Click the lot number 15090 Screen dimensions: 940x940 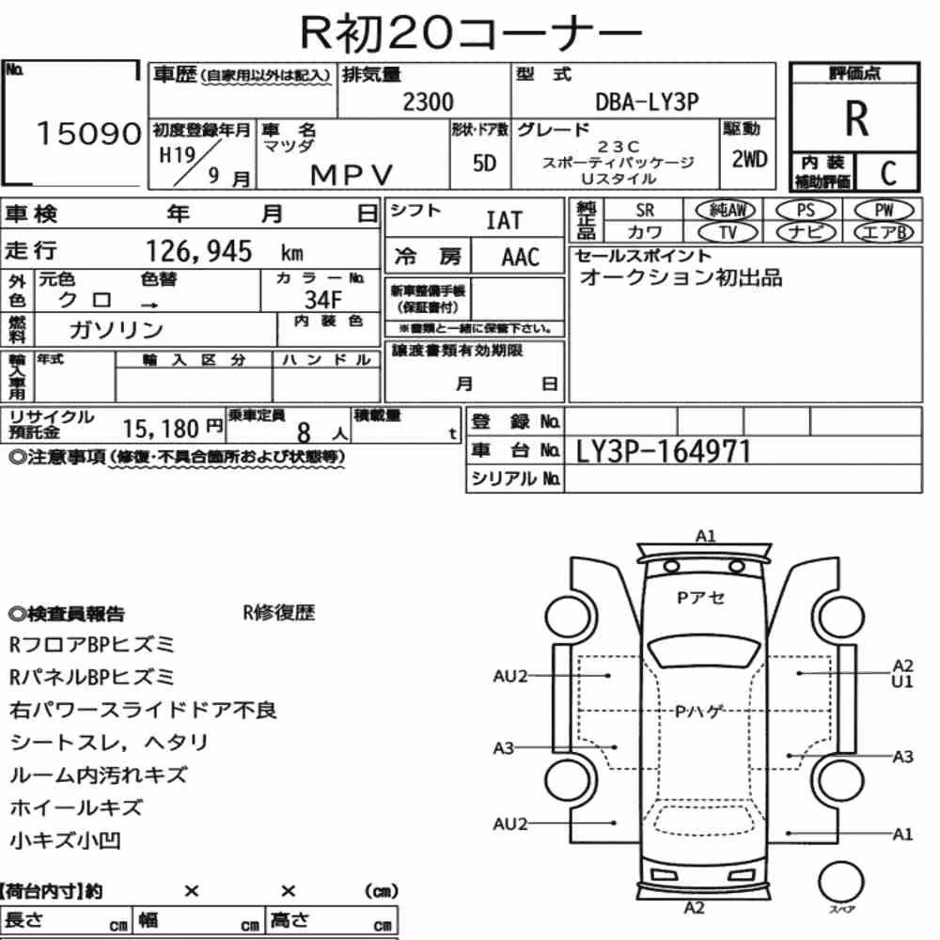[88, 133]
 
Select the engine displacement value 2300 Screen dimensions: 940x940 [428, 102]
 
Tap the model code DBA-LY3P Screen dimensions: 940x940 [647, 102]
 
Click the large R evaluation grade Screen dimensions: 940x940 [856, 118]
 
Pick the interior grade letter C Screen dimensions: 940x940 [888, 173]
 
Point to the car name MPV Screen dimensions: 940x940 [352, 175]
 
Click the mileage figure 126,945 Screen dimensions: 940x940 [199, 251]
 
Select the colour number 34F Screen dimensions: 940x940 [323, 299]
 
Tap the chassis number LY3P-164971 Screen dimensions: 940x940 [663, 451]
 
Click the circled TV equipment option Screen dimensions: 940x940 [728, 232]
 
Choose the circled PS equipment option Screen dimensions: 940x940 [806, 211]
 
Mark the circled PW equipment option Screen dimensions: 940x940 [884, 210]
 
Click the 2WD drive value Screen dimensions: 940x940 [749, 160]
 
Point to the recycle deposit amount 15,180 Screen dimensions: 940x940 [161, 429]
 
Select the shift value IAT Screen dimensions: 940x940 [504, 221]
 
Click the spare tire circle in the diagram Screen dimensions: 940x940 [841, 882]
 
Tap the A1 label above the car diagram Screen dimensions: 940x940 [706, 536]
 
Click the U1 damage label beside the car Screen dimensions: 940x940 [901, 681]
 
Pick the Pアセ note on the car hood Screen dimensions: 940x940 [701, 598]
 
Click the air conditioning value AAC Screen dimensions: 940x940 [521, 258]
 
